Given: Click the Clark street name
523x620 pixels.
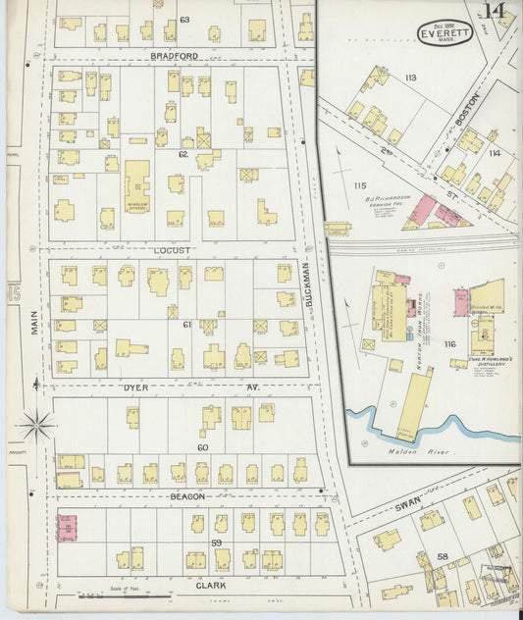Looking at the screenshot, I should (x=211, y=586).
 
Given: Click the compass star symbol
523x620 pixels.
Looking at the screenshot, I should (x=37, y=426).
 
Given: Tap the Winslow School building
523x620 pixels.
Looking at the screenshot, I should (x=136, y=183).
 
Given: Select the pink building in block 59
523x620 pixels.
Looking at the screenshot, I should (x=66, y=527).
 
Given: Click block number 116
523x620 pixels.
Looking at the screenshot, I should (x=449, y=343).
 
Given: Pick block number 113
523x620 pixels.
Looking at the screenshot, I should (x=409, y=77).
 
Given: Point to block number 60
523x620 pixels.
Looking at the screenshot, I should (x=202, y=447).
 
